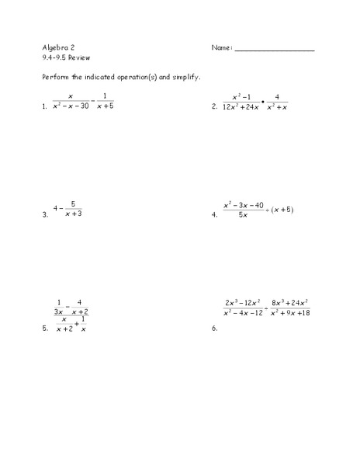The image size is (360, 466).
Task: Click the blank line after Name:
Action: pyautogui.click(x=274, y=49)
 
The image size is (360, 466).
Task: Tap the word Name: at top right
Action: pyautogui.click(x=221, y=47)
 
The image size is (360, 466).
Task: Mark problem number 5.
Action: pyautogui.click(x=45, y=329)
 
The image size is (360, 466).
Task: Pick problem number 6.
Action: pyautogui.click(x=213, y=329)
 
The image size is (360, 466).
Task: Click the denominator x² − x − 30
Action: pyautogui.click(x=71, y=106)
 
